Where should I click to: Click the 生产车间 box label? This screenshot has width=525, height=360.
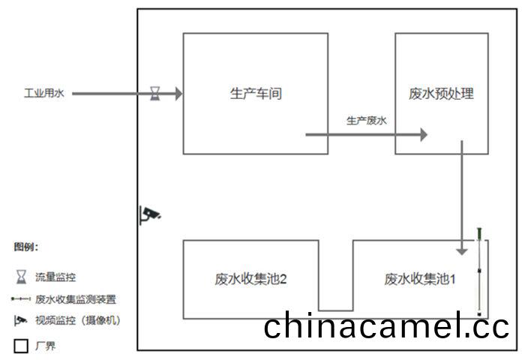[255, 94]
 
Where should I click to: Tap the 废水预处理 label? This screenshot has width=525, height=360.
[442, 94]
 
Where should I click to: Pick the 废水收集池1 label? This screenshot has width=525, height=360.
[421, 280]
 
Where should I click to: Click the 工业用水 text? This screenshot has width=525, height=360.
[43, 94]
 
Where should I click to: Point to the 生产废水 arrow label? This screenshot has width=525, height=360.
[366, 120]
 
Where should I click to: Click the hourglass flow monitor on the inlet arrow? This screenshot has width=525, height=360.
[155, 94]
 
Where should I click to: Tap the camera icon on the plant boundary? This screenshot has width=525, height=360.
[151, 214]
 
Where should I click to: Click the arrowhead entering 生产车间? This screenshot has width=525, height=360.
[178, 94]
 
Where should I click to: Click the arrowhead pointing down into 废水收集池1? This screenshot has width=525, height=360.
[463, 250]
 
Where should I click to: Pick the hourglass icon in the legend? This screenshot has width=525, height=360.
[21, 277]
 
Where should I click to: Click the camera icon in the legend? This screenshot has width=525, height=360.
[20, 320]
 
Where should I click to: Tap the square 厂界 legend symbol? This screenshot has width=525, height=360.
[21, 346]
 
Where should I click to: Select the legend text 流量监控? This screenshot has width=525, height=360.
[55, 277]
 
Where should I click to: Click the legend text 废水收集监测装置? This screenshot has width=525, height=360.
[75, 299]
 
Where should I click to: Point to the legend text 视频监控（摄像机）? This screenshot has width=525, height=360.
[77, 320]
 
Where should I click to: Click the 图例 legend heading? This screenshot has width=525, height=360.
[25, 247]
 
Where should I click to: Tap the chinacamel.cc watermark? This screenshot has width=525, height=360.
[386, 327]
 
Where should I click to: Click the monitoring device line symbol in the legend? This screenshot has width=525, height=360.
[20, 299]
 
